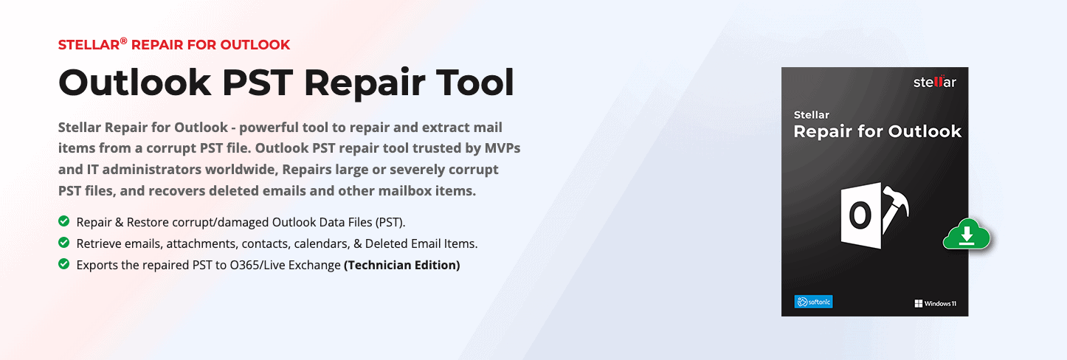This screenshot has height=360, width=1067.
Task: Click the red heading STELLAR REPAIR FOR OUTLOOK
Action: coord(174,44)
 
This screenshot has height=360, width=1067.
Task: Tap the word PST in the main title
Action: coord(258,83)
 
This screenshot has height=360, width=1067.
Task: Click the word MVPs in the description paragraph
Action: coord(503,148)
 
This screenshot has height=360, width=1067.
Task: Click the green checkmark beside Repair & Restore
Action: coord(64,221)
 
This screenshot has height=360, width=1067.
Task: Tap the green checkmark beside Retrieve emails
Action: coord(64,243)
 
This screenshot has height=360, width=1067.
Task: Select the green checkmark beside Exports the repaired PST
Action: coord(64,264)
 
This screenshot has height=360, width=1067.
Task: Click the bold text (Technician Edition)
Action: coord(402,266)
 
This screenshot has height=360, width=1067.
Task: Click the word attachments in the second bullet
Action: coord(202,243)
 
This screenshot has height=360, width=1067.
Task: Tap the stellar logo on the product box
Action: coord(935,82)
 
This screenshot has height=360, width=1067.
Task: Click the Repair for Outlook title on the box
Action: coord(877,131)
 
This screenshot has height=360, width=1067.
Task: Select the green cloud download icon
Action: coord(967,235)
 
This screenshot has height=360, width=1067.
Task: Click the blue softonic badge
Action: coord(814,302)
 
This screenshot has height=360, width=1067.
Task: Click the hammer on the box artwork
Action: coord(895,208)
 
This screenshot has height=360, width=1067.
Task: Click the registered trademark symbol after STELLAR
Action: coord(123,41)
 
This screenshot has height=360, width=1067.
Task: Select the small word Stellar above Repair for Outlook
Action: coord(811,115)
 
